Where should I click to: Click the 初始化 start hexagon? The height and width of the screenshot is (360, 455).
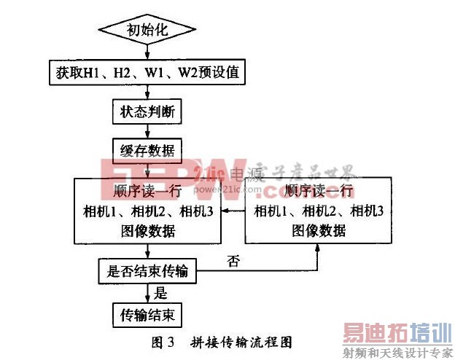[148, 31]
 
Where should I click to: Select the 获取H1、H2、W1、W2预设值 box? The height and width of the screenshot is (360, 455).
[148, 73]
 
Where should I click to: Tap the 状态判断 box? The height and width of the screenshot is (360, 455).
[148, 113]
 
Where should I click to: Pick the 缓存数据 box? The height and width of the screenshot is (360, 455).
[148, 151]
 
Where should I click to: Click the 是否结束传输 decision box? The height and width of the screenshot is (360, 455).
[148, 271]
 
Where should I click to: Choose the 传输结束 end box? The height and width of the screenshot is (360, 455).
[148, 316]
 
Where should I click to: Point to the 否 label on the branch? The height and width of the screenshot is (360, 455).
[233, 260]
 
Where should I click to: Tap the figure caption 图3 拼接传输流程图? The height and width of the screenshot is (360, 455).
[227, 340]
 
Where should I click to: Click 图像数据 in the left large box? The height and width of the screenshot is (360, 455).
[148, 231]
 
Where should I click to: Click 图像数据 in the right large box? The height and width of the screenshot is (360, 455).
[318, 231]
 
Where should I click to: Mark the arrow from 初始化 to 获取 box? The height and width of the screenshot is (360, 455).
[148, 52]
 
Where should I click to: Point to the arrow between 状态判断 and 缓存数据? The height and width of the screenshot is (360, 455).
[148, 132]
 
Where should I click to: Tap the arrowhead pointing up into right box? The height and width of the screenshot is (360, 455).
[318, 248]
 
